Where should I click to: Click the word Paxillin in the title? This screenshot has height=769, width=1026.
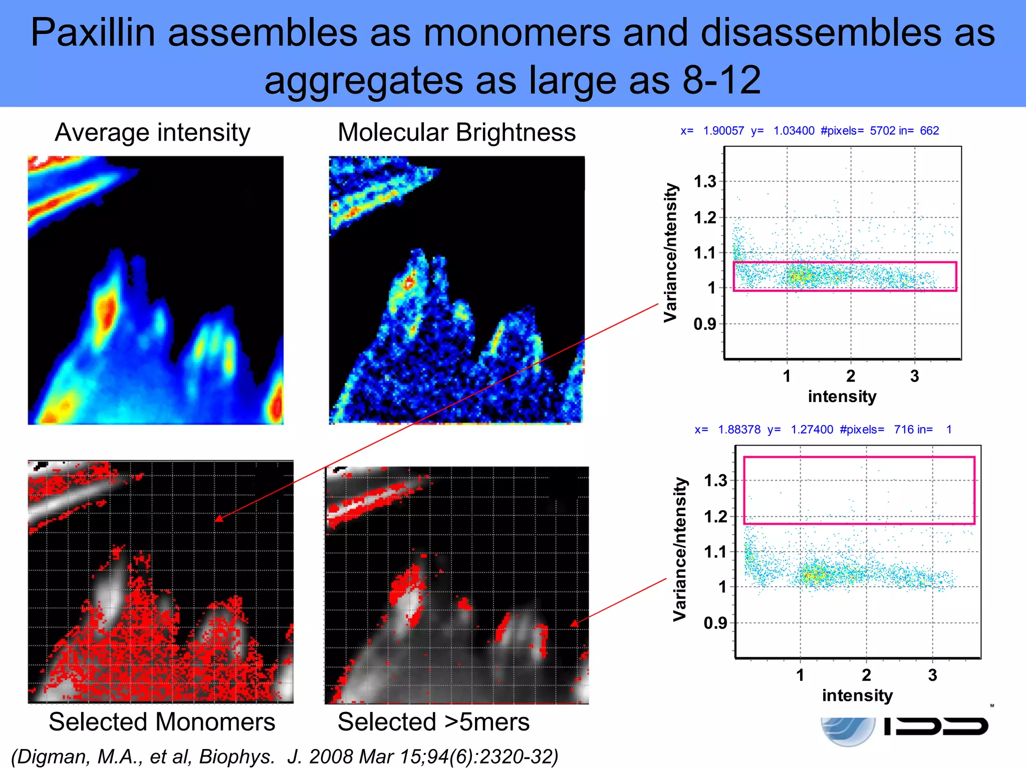tap(92, 33)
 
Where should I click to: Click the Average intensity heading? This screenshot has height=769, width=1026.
tap(152, 133)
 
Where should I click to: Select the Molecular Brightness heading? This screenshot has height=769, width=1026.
tap(456, 133)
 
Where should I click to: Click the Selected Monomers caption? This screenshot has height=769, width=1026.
tap(162, 722)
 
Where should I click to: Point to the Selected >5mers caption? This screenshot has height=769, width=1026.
tap(433, 722)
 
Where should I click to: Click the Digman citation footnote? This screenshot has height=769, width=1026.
tap(284, 756)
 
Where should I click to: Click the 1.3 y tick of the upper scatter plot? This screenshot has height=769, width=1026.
tap(705, 182)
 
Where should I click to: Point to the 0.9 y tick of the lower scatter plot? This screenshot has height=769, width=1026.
tap(715, 623)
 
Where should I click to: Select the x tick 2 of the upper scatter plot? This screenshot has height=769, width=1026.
tap(851, 376)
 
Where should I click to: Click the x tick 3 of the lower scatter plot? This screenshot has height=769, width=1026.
tap(932, 675)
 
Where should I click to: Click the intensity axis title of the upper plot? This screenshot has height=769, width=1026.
tap(842, 396)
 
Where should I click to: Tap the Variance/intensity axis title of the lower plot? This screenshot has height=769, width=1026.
tap(680, 549)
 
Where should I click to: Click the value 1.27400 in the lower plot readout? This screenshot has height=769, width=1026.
tap(812, 430)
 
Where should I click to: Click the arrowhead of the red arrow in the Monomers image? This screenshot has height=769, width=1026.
tap(217, 520)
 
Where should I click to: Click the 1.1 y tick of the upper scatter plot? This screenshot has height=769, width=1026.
tap(705, 253)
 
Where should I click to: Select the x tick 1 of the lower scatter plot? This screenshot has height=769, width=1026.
tap(800, 675)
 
